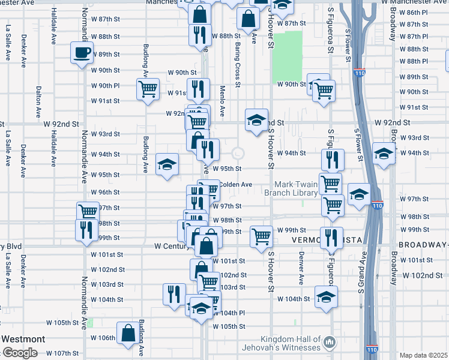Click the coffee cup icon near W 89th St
pos(81,52)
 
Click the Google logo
pos(19,353)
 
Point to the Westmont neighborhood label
pos(22,339)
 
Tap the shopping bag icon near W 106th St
pos(128,333)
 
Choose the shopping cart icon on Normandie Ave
pos(88,211)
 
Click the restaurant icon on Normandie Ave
pos(86,229)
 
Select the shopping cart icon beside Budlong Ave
pos(147,89)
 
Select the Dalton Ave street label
pos(38,101)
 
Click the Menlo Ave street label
pos(221,102)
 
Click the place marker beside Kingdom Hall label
pos(329,343)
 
